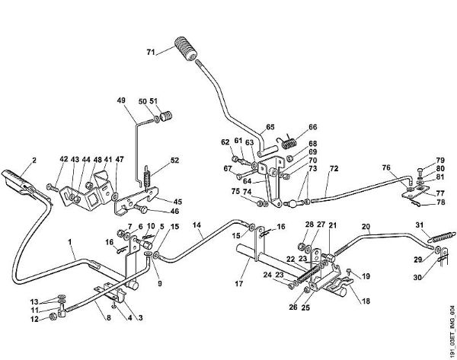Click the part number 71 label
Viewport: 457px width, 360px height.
point(150,53)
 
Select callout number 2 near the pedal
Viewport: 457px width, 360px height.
point(34,160)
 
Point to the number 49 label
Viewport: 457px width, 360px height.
point(120,100)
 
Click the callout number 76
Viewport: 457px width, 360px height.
point(385,167)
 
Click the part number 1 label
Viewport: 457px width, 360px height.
point(70,245)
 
